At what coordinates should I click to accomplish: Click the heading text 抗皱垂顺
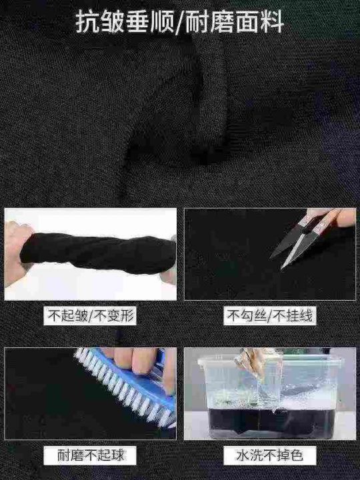coord(125,22)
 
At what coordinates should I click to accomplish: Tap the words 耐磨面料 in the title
coord(235,22)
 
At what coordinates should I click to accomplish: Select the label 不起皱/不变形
coord(90,315)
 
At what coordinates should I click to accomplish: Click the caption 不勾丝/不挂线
coord(270,315)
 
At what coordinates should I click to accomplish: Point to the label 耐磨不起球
coord(91,455)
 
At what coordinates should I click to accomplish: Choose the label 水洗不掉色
coord(269,455)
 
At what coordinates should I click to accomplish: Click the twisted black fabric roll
coord(97,253)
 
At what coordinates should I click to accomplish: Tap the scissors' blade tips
coord(277,263)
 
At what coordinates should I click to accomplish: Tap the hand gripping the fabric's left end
coord(17,253)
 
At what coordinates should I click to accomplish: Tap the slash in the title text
coord(180,22)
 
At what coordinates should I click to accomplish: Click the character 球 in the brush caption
coord(117,455)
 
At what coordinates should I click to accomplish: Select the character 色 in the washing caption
coord(296,455)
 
